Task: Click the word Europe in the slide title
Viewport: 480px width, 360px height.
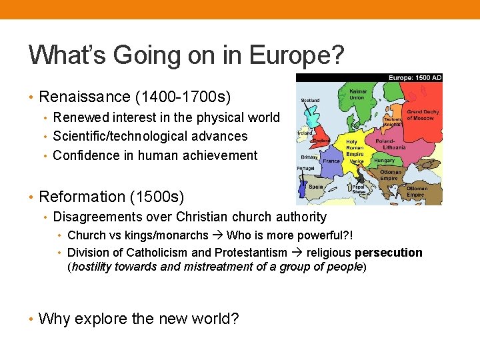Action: coord(294,55)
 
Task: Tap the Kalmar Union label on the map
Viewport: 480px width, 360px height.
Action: coord(358,95)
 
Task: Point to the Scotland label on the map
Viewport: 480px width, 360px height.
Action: coord(310,101)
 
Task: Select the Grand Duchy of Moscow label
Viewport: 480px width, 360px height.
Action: coord(423,115)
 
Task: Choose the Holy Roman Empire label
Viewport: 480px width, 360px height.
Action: coord(355,148)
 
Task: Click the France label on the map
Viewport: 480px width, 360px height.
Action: coord(331,161)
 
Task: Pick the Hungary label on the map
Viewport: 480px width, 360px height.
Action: coord(384,161)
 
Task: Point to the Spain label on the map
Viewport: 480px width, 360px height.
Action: coord(316,187)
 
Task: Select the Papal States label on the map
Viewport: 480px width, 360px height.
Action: coord(359,191)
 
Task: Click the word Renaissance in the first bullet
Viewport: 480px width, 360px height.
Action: coord(85,97)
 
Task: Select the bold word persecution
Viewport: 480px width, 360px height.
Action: coord(389,253)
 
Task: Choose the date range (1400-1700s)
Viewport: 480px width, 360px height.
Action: coord(183,97)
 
